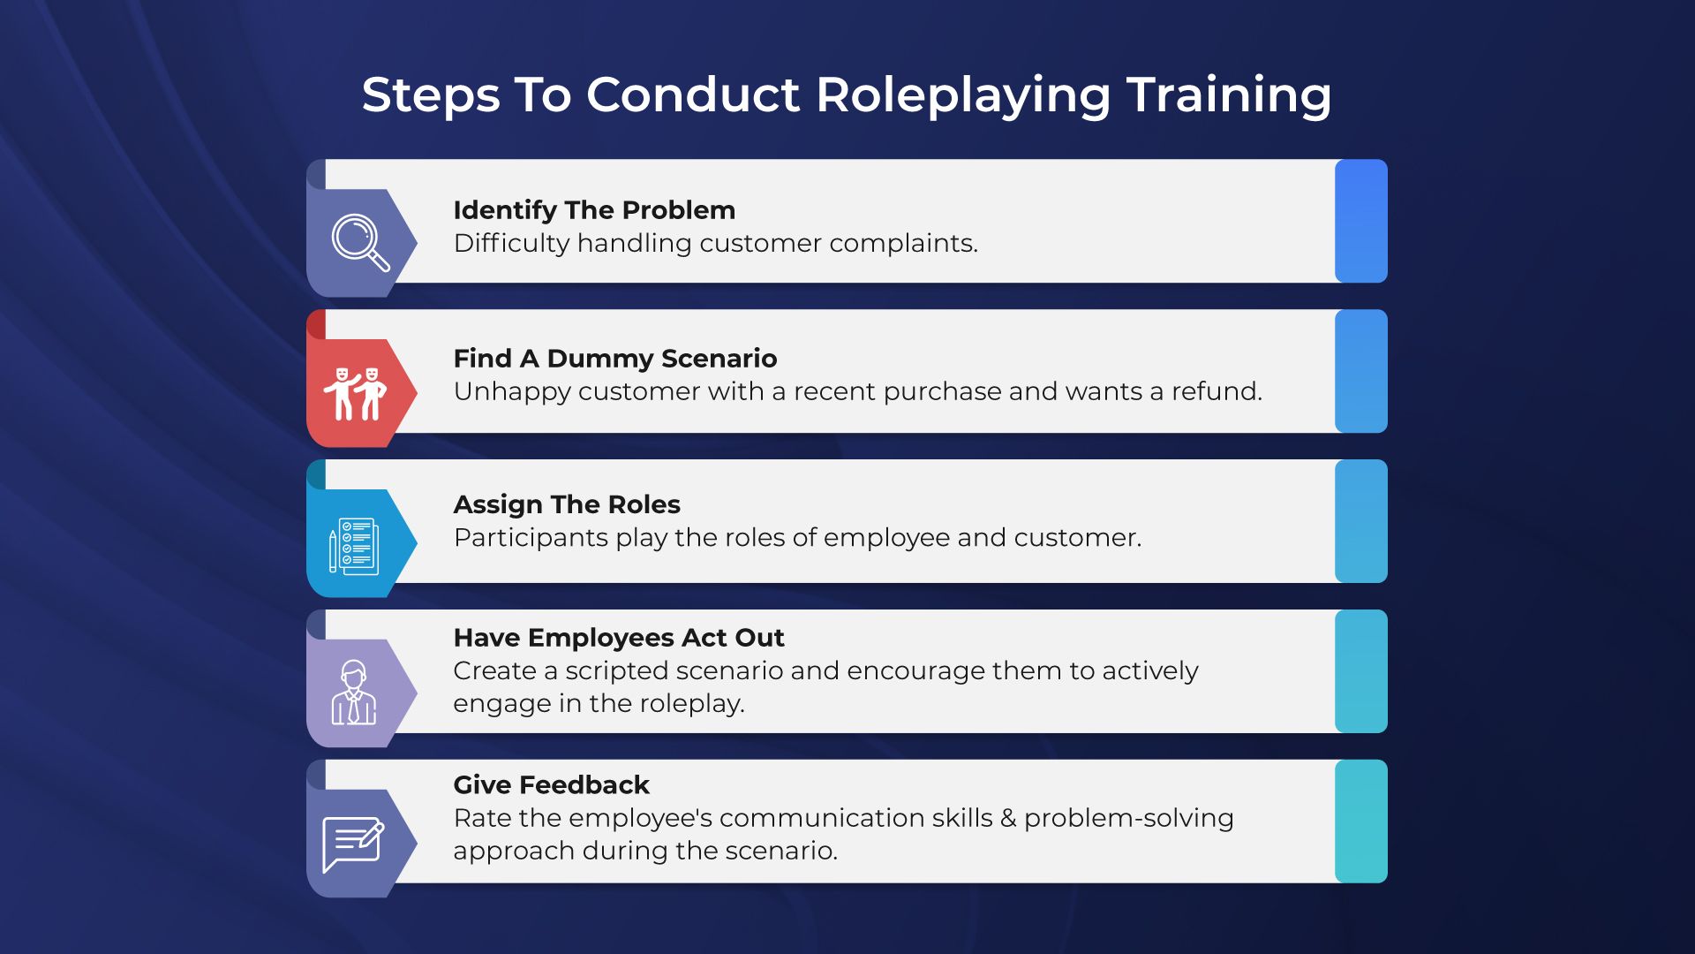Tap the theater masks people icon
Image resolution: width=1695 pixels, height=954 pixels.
coord(355,394)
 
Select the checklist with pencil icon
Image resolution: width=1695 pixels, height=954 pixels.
coord(353,546)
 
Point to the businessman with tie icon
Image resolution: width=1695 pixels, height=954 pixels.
coord(354,693)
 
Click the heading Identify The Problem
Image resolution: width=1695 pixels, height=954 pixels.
coord(594,210)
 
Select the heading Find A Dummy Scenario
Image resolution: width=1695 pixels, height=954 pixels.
coord(615,359)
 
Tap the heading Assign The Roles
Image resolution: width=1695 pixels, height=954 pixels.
coord(567,504)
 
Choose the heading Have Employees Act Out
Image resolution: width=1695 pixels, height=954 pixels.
coord(619,638)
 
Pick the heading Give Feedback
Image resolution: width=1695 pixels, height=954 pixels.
coord(552,784)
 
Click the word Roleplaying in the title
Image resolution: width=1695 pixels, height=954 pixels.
coord(963,95)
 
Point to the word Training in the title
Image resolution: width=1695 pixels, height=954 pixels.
coord(1229,95)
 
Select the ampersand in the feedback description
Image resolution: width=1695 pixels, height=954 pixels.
coord(1008,819)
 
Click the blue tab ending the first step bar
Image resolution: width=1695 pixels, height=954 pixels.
coord(1361,221)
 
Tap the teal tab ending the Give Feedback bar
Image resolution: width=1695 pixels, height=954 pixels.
coord(1361,821)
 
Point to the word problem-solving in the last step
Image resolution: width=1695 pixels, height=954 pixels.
coord(1129,819)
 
